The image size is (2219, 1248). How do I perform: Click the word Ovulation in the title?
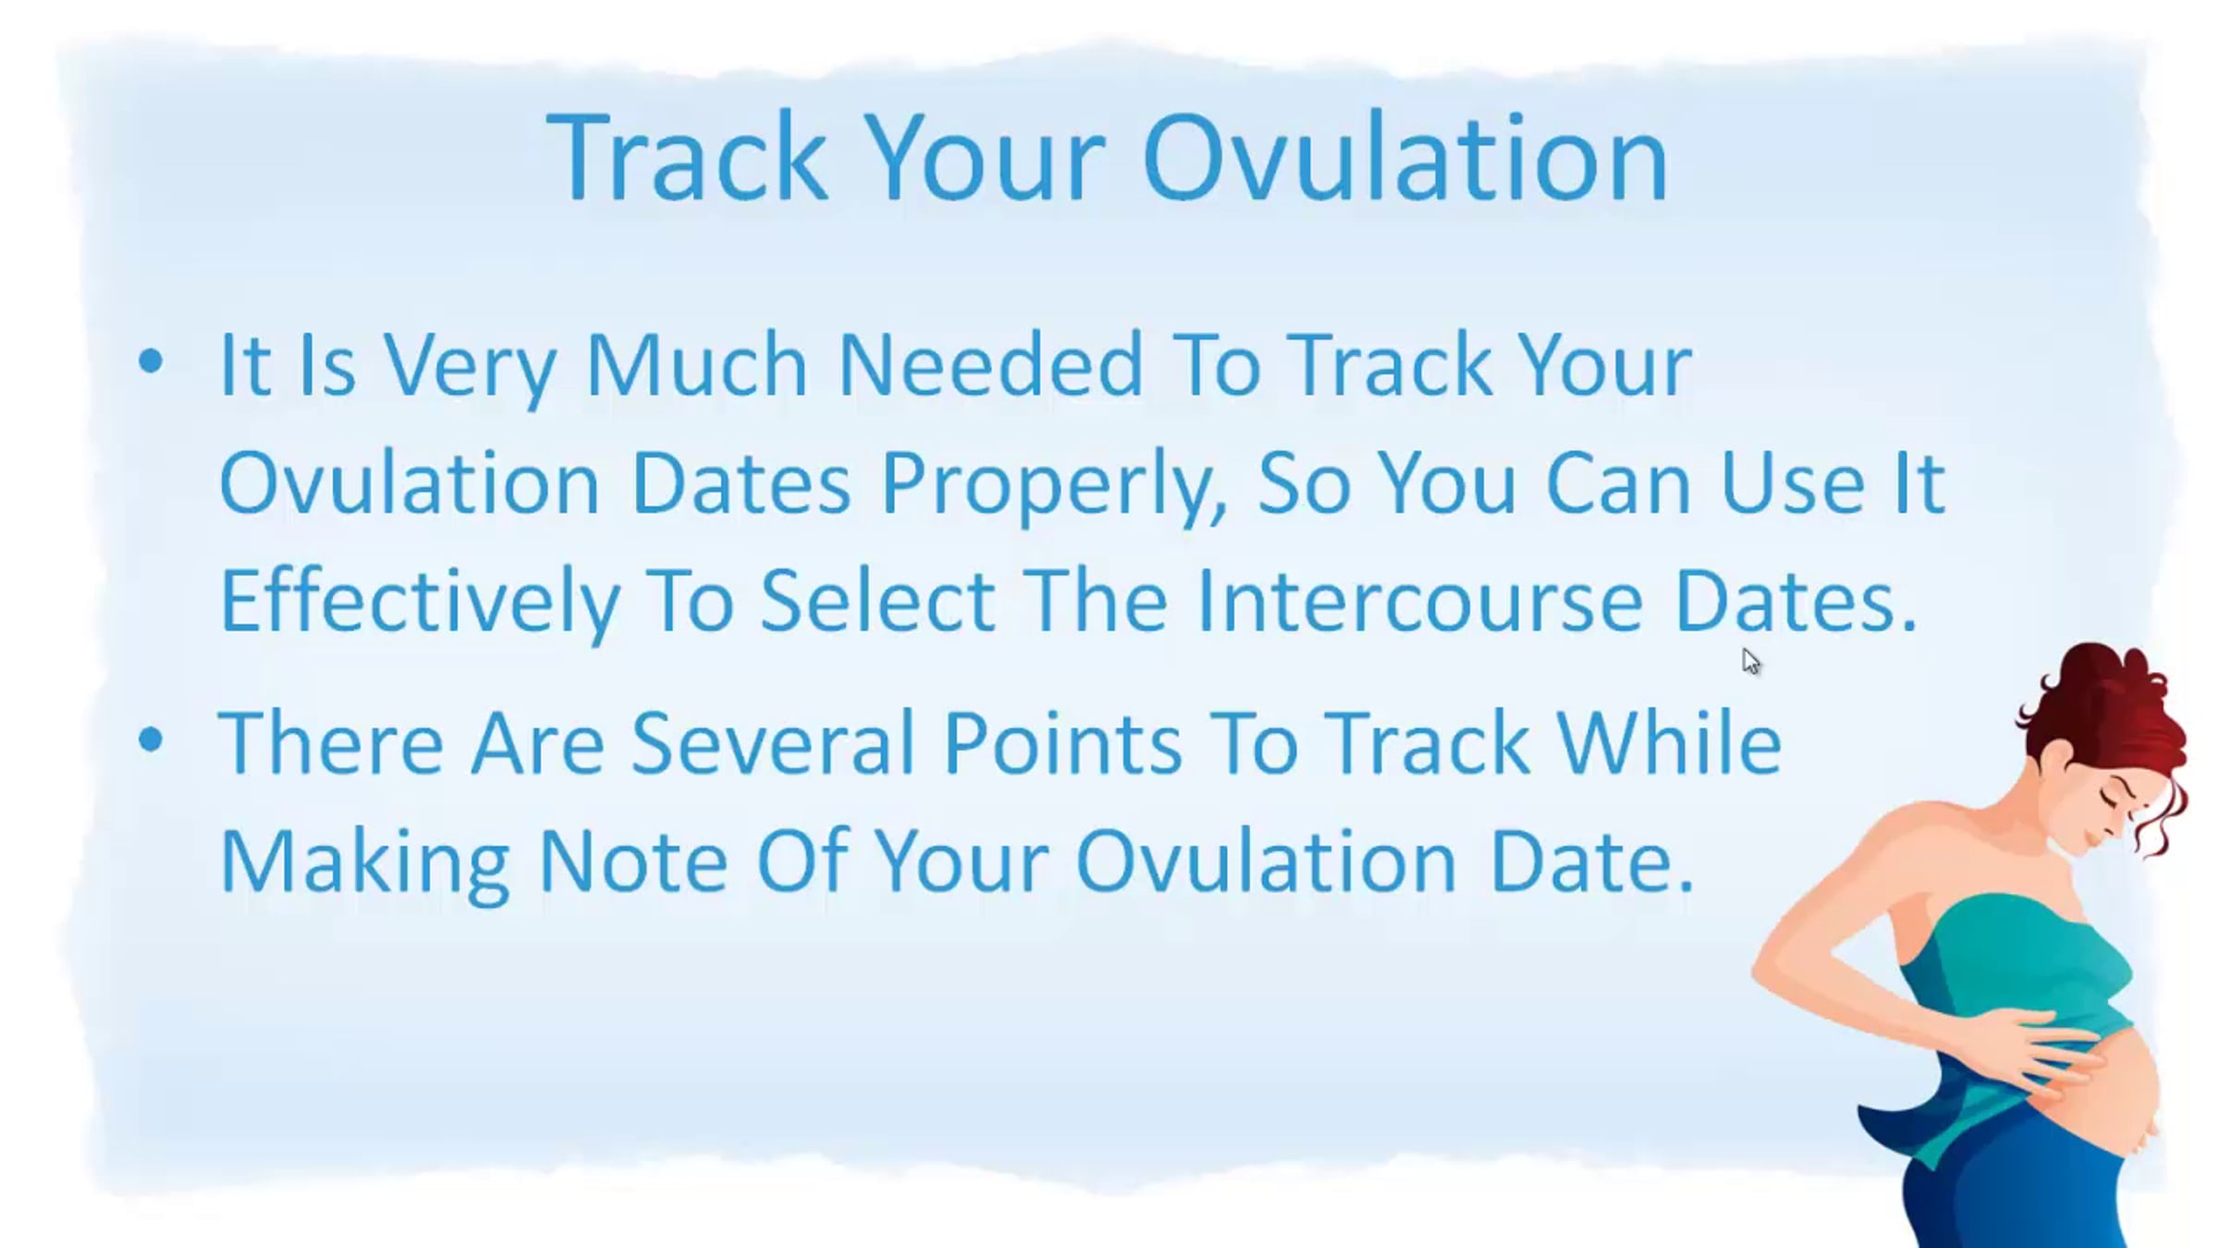coord(1405,157)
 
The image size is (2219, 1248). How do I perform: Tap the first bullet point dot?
coord(150,361)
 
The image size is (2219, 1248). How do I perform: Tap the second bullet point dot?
coord(150,740)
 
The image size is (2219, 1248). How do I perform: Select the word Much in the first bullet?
coord(697,364)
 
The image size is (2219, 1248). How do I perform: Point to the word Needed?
coord(990,364)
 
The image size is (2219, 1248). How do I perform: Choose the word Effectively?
coord(419,602)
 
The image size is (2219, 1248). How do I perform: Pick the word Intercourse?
coord(1419,602)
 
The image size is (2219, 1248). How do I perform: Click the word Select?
coord(877,602)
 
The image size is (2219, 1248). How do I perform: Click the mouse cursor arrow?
coord(1750,660)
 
